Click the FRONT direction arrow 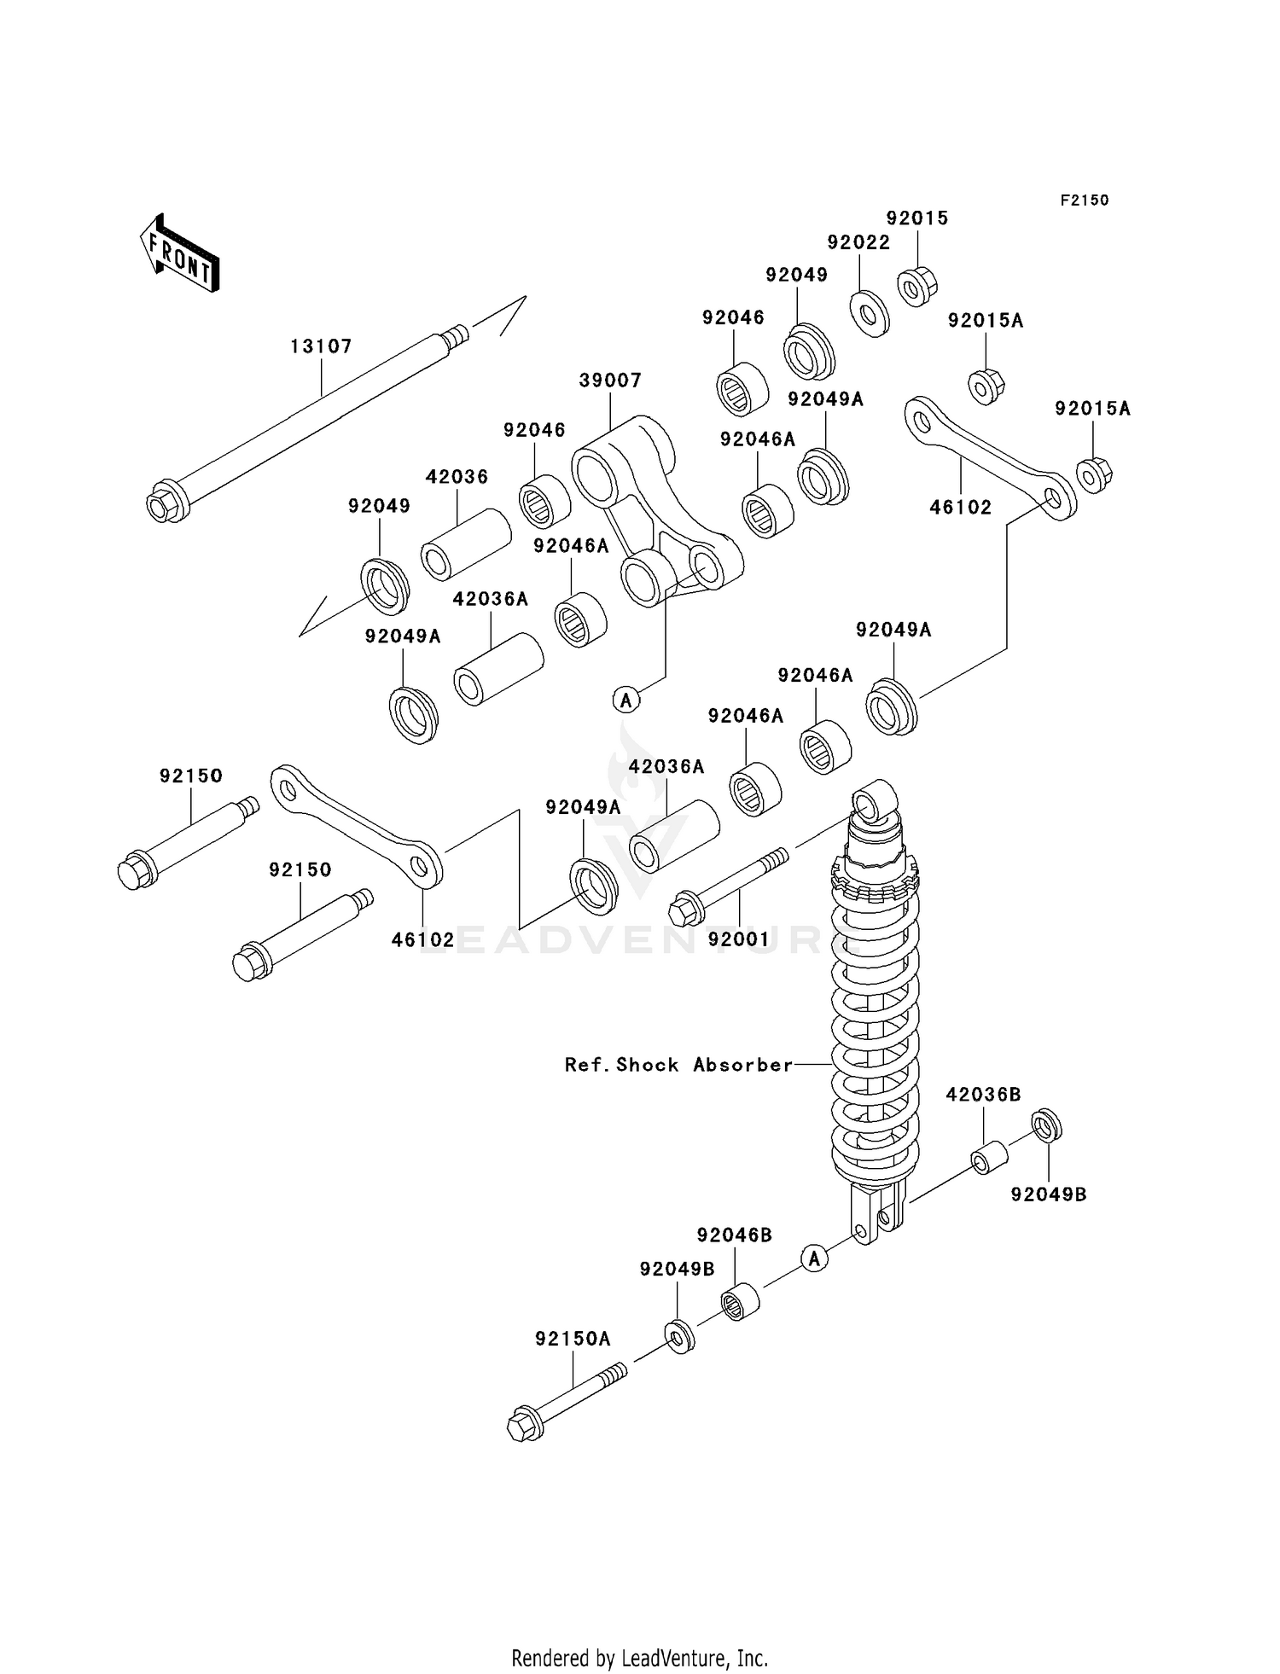coord(180,255)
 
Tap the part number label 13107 coord(321,346)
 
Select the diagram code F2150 coord(1084,201)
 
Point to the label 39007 coord(610,381)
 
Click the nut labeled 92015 coord(916,286)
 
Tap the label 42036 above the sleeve coord(457,477)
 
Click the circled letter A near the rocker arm coord(626,700)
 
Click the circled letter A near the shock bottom coord(815,1258)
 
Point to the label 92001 coord(739,939)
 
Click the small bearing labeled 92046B coord(739,1302)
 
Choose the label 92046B coord(734,1235)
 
